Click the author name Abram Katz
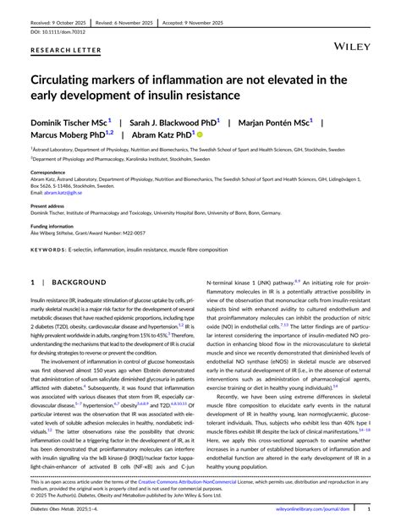tap(160, 134)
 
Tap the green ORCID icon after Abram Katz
tap(200, 134)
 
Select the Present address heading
tap(49, 206)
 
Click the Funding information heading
tap(53, 227)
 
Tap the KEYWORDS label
tap(47, 250)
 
